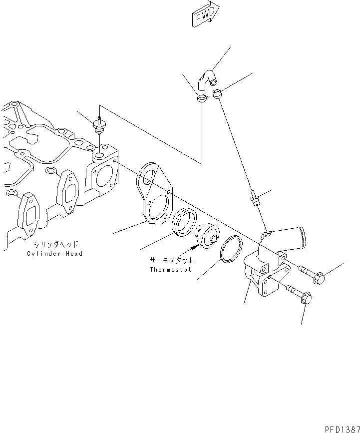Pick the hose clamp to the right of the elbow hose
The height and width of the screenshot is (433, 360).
[x=218, y=93]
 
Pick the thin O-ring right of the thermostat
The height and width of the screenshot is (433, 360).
[x=231, y=249]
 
